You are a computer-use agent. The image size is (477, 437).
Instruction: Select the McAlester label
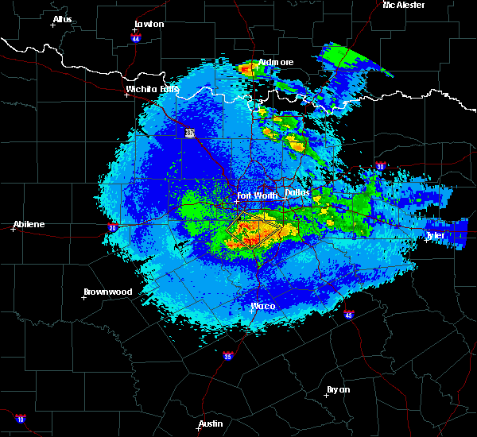point(403,5)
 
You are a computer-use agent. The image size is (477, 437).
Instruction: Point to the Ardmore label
point(275,62)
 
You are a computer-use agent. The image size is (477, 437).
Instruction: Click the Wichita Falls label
point(152,89)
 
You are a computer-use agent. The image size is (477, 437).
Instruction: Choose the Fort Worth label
point(256,195)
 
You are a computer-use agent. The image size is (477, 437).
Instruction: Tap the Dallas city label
point(297,192)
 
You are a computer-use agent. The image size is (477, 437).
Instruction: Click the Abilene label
point(28,224)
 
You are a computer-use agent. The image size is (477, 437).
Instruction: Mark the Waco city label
point(262,306)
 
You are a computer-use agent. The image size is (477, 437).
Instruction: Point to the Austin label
point(211,423)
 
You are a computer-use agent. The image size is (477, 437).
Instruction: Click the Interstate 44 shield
point(136,38)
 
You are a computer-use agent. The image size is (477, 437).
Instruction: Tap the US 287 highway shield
point(190,133)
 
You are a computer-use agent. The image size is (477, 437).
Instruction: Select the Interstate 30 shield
point(381,166)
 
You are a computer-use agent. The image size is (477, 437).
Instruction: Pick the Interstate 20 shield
point(112,226)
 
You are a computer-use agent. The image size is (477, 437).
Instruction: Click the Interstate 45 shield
point(349,315)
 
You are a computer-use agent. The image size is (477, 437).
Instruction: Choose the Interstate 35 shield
point(228,355)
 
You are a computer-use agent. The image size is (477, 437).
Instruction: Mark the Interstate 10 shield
point(20,419)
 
